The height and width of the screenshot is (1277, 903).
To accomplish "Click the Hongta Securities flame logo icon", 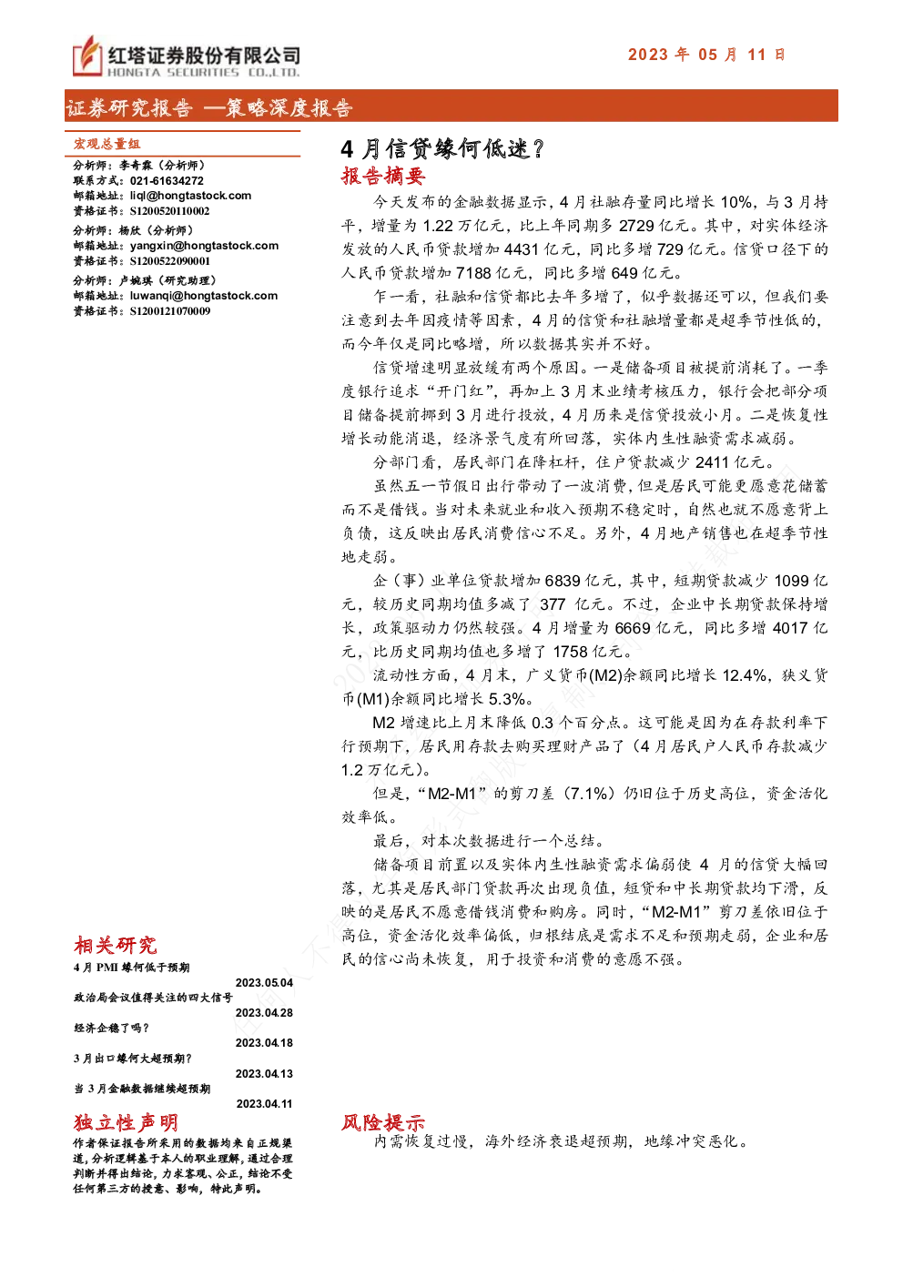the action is click(87, 55).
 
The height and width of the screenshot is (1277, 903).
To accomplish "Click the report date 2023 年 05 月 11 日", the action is click(706, 55).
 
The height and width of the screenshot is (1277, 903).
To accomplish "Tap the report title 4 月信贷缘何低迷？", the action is click(442, 149).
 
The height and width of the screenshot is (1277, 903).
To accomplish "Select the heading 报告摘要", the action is click(383, 176).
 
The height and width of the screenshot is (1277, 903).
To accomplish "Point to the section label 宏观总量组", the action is click(107, 144).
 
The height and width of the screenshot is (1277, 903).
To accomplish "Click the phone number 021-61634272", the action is click(167, 181).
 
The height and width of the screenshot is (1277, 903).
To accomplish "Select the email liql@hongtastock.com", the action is click(190, 196).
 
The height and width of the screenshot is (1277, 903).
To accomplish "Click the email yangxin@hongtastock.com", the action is click(204, 246).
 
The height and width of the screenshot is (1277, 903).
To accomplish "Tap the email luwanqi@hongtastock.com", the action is click(204, 296).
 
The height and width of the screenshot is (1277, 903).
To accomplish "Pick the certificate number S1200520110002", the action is click(170, 211).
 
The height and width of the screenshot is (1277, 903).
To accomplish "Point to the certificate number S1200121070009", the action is click(170, 311).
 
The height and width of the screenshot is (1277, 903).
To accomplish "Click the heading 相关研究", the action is click(116, 946).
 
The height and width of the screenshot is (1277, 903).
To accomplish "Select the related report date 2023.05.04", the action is click(264, 983).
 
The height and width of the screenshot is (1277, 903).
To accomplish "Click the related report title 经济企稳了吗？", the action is click(112, 1028).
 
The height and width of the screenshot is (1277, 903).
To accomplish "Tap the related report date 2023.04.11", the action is click(264, 1104).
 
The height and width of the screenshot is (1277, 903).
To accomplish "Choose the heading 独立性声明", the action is click(126, 1123).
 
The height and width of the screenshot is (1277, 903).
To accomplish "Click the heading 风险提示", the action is click(383, 1123).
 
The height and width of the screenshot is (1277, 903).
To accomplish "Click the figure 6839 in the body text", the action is click(563, 581).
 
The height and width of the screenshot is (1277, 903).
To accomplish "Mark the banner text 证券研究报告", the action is click(129, 107).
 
